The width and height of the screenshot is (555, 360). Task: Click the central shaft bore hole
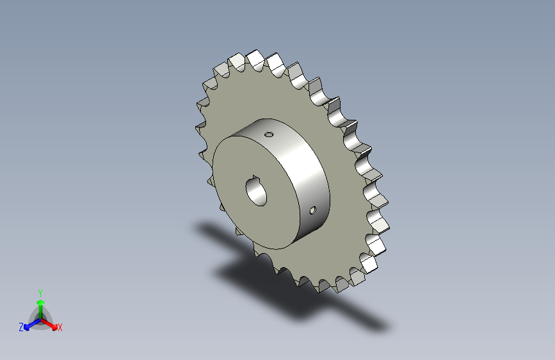coord(256,192)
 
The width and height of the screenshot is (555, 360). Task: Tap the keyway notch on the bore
coord(255,177)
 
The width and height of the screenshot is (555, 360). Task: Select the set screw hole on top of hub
coord(269,134)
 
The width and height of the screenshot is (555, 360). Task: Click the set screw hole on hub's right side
coord(312,211)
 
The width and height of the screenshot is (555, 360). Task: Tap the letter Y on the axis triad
coord(40,293)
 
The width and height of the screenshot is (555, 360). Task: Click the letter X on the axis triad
coord(60,327)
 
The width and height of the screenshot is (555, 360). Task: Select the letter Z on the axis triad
coord(21,327)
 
